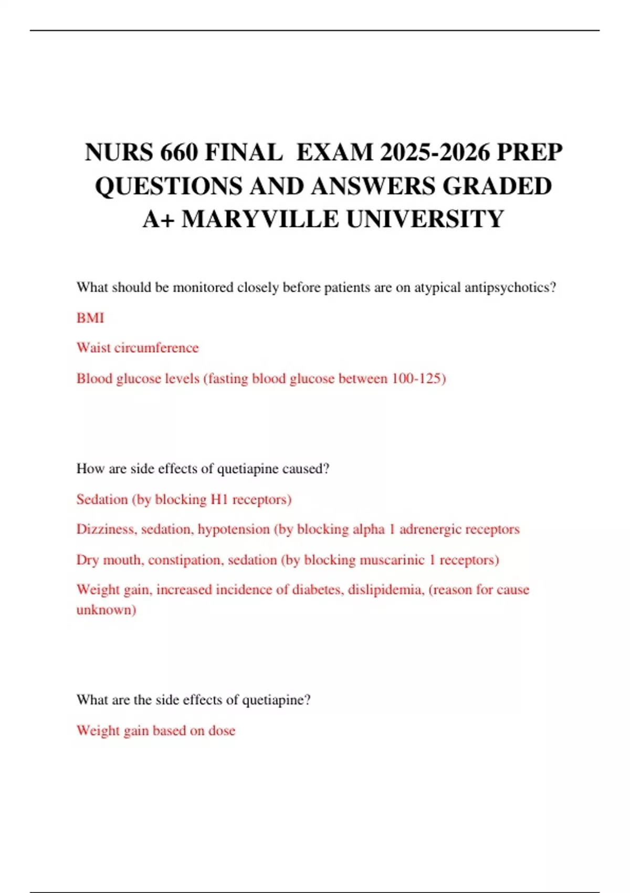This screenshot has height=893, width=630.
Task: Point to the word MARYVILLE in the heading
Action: [260, 219]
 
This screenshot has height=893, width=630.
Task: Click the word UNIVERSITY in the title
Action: [425, 219]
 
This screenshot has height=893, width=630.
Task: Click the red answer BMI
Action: [90, 318]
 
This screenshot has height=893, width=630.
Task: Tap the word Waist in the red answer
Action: [93, 348]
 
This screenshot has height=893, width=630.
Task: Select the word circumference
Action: [156, 348]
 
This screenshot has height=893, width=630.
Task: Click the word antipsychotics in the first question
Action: [510, 287]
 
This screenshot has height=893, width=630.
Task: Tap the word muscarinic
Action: [392, 559]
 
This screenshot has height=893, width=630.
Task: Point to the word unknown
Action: [106, 609]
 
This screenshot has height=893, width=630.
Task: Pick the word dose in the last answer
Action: [222, 730]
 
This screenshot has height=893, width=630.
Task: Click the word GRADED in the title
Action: [497, 186]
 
